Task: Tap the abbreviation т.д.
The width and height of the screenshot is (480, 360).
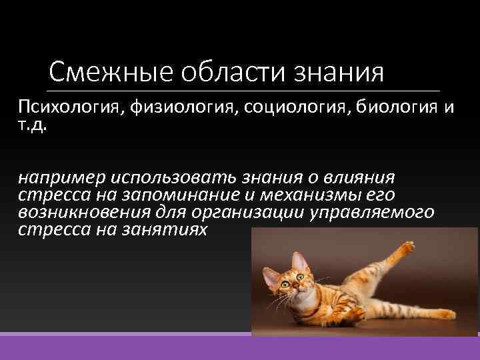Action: [x=32, y=125]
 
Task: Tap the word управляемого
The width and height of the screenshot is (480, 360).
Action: [x=378, y=213]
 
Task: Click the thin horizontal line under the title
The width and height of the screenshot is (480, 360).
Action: [x=244, y=91]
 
